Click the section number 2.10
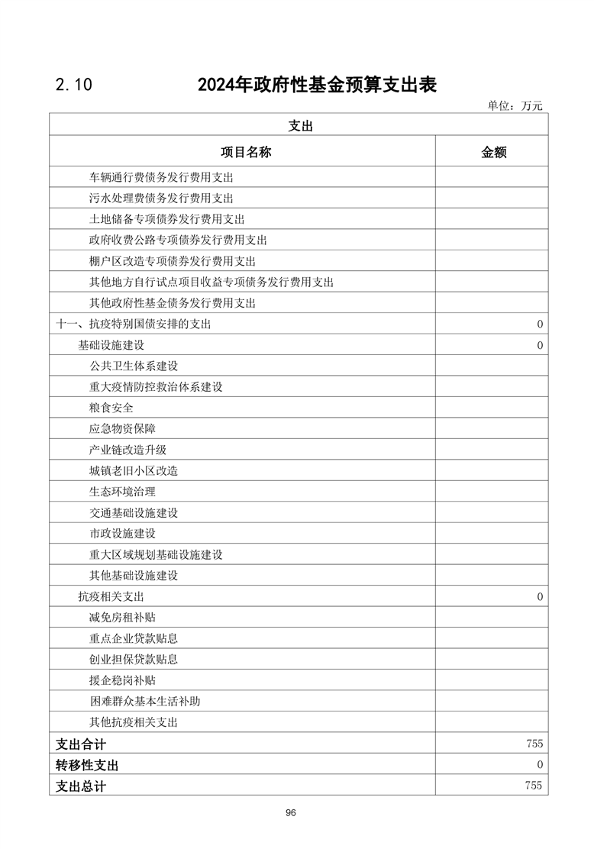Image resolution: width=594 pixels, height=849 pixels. pyautogui.click(x=73, y=85)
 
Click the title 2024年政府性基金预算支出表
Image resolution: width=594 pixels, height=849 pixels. pyautogui.click(x=317, y=84)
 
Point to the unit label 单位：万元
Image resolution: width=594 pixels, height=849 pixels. pyautogui.click(x=515, y=106)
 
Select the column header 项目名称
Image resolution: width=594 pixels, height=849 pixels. pyautogui.click(x=246, y=152)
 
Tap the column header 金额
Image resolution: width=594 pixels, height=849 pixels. pyautogui.click(x=493, y=152)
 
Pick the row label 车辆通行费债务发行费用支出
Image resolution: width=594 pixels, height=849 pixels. pyautogui.click(x=160, y=177)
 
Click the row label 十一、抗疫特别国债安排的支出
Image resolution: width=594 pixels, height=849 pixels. pyautogui.click(x=134, y=324)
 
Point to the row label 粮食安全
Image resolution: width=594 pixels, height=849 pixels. pyautogui.click(x=111, y=408)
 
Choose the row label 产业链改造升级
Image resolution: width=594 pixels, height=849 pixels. pyautogui.click(x=128, y=450)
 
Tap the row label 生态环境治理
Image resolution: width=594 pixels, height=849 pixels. pyautogui.click(x=122, y=492)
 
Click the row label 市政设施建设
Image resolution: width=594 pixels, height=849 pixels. pyautogui.click(x=122, y=534)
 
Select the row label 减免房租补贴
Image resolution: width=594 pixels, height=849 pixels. pyautogui.click(x=122, y=617)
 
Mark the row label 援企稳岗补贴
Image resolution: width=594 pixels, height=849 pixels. pyautogui.click(x=122, y=680)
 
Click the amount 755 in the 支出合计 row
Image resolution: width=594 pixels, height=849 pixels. pyautogui.click(x=534, y=743)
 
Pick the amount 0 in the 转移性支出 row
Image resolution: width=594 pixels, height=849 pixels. pyautogui.click(x=540, y=764)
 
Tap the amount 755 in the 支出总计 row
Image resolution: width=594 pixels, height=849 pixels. pyautogui.click(x=534, y=785)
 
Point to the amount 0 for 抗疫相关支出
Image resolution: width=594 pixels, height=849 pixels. pyautogui.click(x=540, y=596)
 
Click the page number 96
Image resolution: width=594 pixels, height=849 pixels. pyautogui.click(x=291, y=812)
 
